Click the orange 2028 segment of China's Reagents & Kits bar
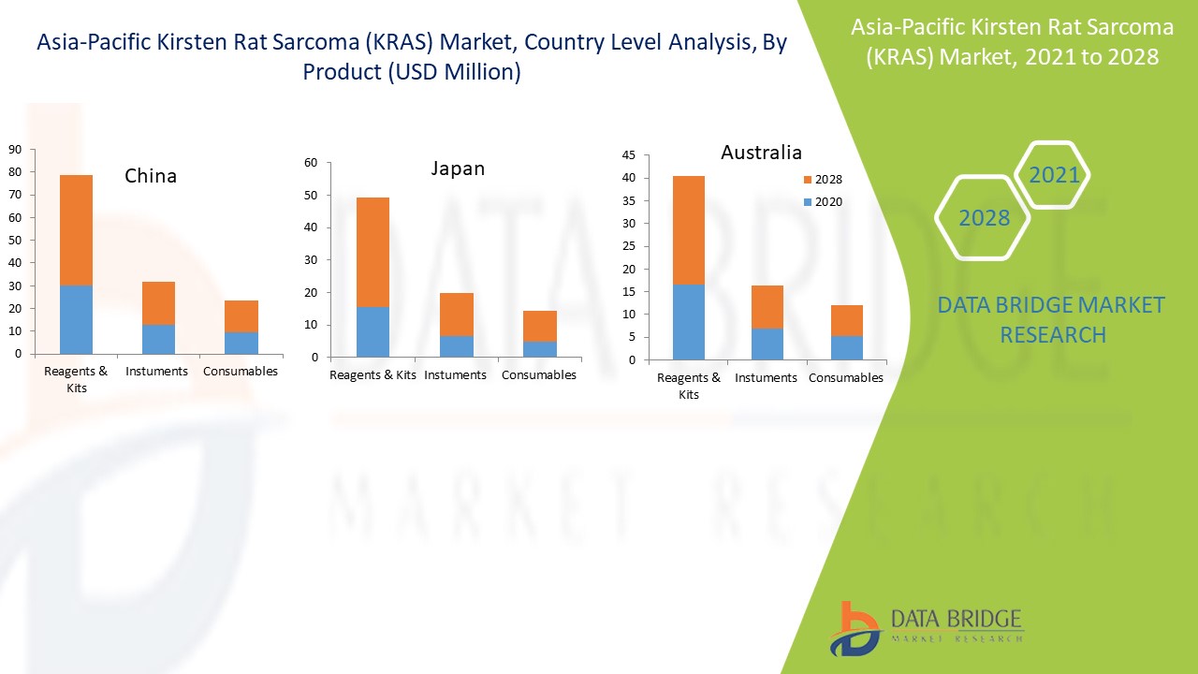[76, 229]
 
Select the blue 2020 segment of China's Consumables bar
[241, 343]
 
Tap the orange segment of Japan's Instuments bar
[456, 315]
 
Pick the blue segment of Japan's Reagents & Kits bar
[373, 331]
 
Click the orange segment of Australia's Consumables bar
[846, 320]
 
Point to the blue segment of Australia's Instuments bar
[767, 344]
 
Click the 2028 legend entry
[823, 180]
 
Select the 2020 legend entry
[823, 202]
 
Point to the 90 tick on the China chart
[16, 149]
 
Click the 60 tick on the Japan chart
[311, 163]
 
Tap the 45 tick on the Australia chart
[629, 155]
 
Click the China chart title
[151, 176]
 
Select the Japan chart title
[458, 168]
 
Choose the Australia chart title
[761, 152]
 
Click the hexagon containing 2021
[1054, 175]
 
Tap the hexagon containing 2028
[984, 218]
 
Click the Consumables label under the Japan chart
[539, 374]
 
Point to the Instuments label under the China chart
[156, 371]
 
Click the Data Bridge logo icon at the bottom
[854, 628]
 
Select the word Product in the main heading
[341, 72]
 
